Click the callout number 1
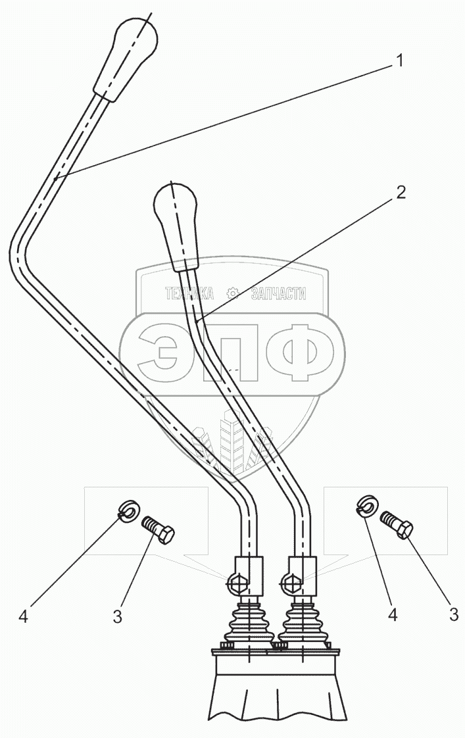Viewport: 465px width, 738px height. click(399, 61)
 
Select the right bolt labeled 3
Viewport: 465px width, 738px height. click(398, 524)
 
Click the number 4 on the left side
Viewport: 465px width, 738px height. click(24, 616)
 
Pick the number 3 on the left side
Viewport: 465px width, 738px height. click(117, 616)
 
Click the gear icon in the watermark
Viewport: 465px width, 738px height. click(232, 293)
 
